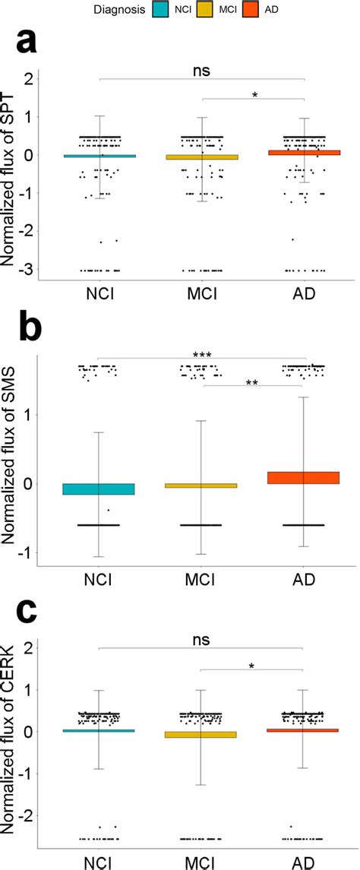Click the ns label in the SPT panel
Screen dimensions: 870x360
click(x=202, y=70)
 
